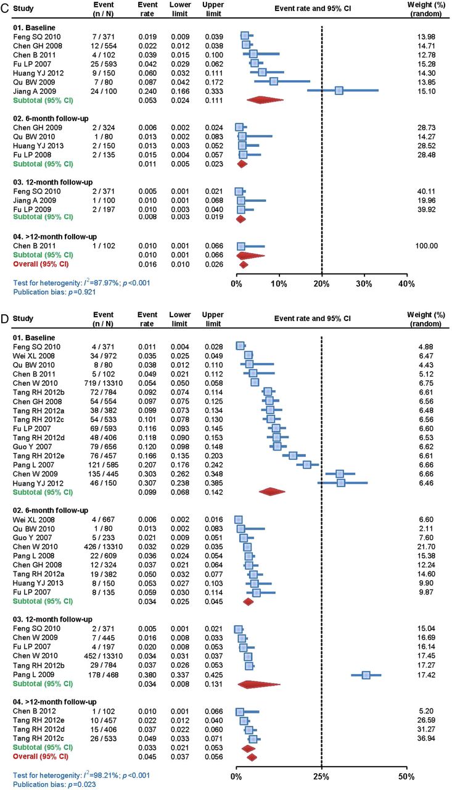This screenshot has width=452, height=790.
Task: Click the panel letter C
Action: click(x=5, y=8)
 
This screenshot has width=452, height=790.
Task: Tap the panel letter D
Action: click(x=5, y=319)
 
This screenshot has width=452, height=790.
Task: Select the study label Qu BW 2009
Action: click(x=34, y=82)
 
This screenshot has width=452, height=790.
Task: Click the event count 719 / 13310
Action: click(x=104, y=383)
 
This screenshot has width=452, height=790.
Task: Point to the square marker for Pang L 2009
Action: click(x=366, y=675)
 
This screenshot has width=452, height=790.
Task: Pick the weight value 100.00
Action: click(x=427, y=246)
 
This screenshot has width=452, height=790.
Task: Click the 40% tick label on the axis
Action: click(x=406, y=284)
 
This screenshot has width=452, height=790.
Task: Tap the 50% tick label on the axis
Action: click(x=406, y=776)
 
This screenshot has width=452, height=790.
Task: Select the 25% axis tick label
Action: click(x=321, y=776)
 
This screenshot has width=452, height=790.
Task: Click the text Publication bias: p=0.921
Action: click(x=54, y=292)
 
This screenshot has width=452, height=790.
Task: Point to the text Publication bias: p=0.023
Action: click(x=54, y=784)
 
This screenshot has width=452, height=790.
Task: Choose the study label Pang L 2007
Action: click(x=33, y=465)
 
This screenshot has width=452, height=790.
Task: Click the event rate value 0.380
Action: click(x=147, y=675)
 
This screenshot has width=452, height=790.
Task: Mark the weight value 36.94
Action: click(x=426, y=738)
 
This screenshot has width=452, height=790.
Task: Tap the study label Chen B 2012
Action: click(x=34, y=711)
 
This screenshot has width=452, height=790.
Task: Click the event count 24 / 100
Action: click(x=104, y=91)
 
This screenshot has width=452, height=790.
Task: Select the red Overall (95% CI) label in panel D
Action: click(x=41, y=757)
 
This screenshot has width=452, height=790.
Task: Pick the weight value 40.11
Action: click(x=426, y=191)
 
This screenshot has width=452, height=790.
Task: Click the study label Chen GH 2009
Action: click(x=38, y=128)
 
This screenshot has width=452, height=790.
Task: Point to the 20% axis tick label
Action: click(x=321, y=284)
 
